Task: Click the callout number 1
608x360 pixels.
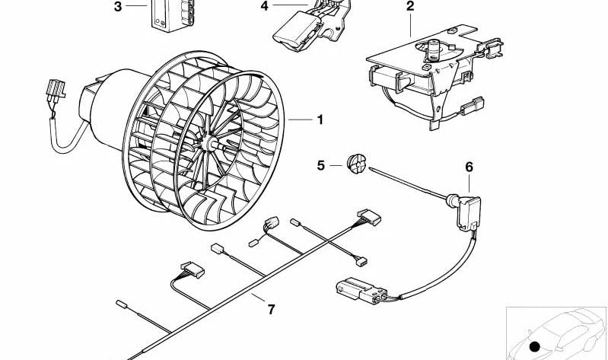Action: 320,119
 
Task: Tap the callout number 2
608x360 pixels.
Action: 410,7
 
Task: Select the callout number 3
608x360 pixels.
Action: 118,7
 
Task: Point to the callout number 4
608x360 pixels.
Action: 264,7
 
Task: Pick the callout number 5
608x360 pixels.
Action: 320,164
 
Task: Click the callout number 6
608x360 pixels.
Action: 469,167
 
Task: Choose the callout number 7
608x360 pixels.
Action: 270,309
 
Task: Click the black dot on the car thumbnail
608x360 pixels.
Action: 535,347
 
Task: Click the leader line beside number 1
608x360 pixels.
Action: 300,119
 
